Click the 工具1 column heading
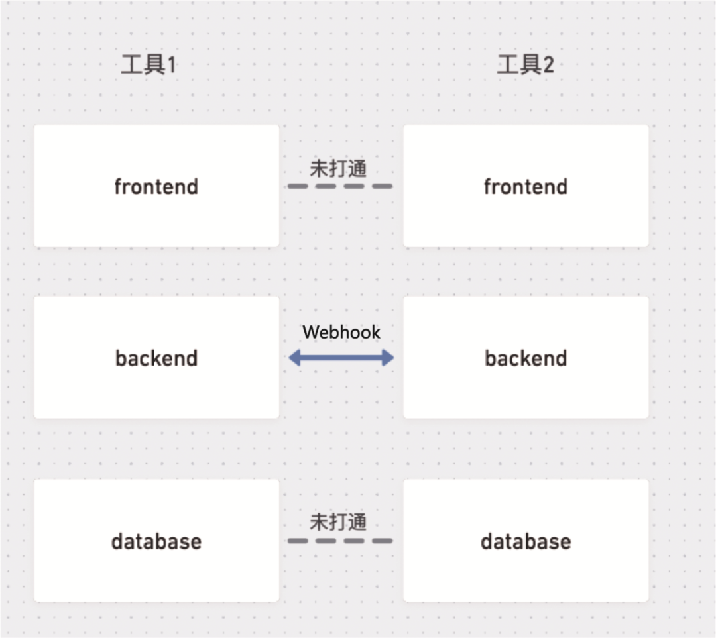tap(149, 65)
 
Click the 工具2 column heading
tap(525, 65)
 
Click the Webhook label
tap(341, 332)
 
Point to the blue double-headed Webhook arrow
tap(341, 358)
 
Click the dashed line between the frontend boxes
tap(340, 186)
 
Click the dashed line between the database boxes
tap(340, 541)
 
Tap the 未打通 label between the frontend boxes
tap(338, 168)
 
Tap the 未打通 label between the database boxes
tap(338, 523)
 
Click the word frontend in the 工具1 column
tap(156, 187)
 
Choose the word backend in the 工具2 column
tap(526, 358)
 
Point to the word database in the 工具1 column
tap(156, 541)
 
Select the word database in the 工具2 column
tap(526, 541)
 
